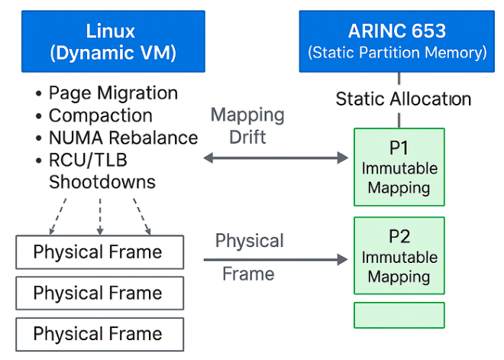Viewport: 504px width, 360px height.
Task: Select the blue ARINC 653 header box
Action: pos(396,41)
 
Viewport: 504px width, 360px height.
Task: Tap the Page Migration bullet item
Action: pos(113,93)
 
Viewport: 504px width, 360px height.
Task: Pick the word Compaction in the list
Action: pos(100,116)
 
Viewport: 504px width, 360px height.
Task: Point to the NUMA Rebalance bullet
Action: pos(123,138)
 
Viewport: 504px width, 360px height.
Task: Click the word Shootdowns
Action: pos(102,183)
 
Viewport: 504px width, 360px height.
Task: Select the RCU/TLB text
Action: pos(88,161)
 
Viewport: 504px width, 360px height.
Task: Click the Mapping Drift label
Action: pos(247,126)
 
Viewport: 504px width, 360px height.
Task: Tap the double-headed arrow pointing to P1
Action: pos(275,158)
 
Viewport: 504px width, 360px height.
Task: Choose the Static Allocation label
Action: pos(403,99)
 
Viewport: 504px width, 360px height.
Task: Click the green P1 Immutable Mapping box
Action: pos(399,167)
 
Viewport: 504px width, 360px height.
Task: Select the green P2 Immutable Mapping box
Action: pos(399,255)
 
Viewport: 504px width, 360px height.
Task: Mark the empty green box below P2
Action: pos(399,315)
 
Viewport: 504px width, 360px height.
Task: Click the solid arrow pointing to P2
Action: pos(275,260)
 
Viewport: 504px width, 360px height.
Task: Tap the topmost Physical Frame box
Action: pos(100,252)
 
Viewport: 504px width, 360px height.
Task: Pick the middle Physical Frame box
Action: pos(100,293)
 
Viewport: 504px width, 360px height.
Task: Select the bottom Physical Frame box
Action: pos(100,334)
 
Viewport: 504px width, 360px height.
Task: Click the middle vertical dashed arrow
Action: pos(100,216)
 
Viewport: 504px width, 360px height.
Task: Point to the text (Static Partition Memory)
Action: pos(396,54)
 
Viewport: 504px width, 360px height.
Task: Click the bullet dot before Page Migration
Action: pos(38,94)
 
